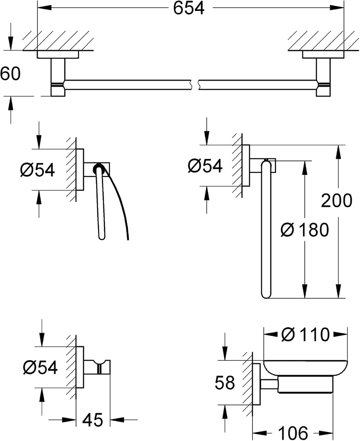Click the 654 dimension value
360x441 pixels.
tap(189, 8)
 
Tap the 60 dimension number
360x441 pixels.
tap(10, 74)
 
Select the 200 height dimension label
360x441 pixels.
tap(336, 201)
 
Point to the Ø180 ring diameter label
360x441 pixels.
tap(305, 230)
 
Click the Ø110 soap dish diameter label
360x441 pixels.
tap(305, 335)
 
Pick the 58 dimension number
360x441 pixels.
tap(225, 383)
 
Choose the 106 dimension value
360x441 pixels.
tap(293, 433)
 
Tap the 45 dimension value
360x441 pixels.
tap(92, 420)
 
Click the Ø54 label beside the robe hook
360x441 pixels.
tap(40, 367)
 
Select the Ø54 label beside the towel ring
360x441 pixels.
tap(205, 166)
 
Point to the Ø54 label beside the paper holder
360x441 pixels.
tap(37, 170)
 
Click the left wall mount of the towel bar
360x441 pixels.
tap(58, 73)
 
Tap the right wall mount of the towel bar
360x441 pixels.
tap(323, 73)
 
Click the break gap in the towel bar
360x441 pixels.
tap(195, 85)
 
